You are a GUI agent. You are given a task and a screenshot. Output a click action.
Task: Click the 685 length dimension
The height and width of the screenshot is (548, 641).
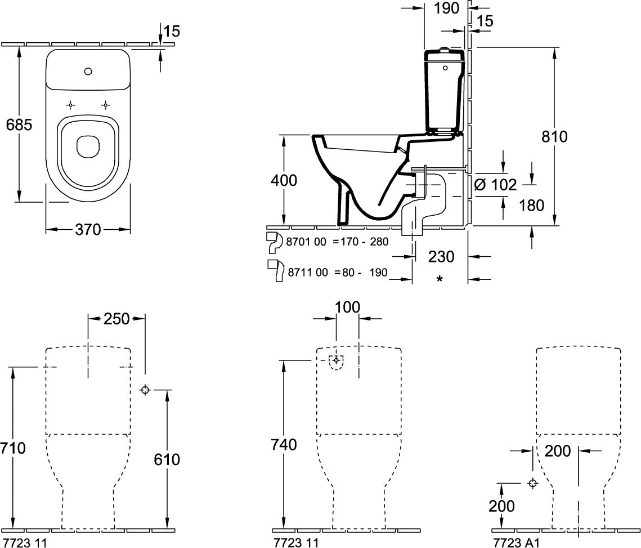19,124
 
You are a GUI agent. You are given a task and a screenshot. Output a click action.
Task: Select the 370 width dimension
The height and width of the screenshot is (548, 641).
88,229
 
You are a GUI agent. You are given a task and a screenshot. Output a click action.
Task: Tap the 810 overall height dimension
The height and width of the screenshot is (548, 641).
554,136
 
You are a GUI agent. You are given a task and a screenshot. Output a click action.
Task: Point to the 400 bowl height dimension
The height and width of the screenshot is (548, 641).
284,180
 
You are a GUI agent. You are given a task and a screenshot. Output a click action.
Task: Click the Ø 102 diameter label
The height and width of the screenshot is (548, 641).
495,185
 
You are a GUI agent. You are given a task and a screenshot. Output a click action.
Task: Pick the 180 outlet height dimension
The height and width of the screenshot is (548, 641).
531,205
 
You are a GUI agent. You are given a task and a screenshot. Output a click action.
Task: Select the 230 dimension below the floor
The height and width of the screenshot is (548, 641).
441,257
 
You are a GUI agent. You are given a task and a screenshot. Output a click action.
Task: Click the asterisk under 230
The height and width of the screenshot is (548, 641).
440,279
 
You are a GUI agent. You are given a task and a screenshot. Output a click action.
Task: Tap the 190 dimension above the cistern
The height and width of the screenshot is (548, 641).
446,8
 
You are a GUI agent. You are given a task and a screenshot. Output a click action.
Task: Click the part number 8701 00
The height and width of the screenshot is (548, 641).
306,242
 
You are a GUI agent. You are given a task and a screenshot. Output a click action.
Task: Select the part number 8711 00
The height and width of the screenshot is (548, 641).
308,272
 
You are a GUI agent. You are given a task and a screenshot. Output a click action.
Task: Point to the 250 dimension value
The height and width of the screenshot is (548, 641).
116,318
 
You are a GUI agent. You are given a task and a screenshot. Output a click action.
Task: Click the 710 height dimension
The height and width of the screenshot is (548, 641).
13,448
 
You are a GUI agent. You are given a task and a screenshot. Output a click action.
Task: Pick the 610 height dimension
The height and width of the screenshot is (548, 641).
167,459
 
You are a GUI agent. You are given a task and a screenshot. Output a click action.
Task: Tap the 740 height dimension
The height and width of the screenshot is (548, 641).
284,444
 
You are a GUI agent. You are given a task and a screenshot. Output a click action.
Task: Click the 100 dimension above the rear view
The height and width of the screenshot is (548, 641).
347,307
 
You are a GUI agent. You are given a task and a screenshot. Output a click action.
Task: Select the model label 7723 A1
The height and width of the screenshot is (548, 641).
517,543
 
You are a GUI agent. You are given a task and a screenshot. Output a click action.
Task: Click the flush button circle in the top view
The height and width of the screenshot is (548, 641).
88,72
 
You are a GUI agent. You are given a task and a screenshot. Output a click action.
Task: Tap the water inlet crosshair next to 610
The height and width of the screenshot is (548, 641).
145,390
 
